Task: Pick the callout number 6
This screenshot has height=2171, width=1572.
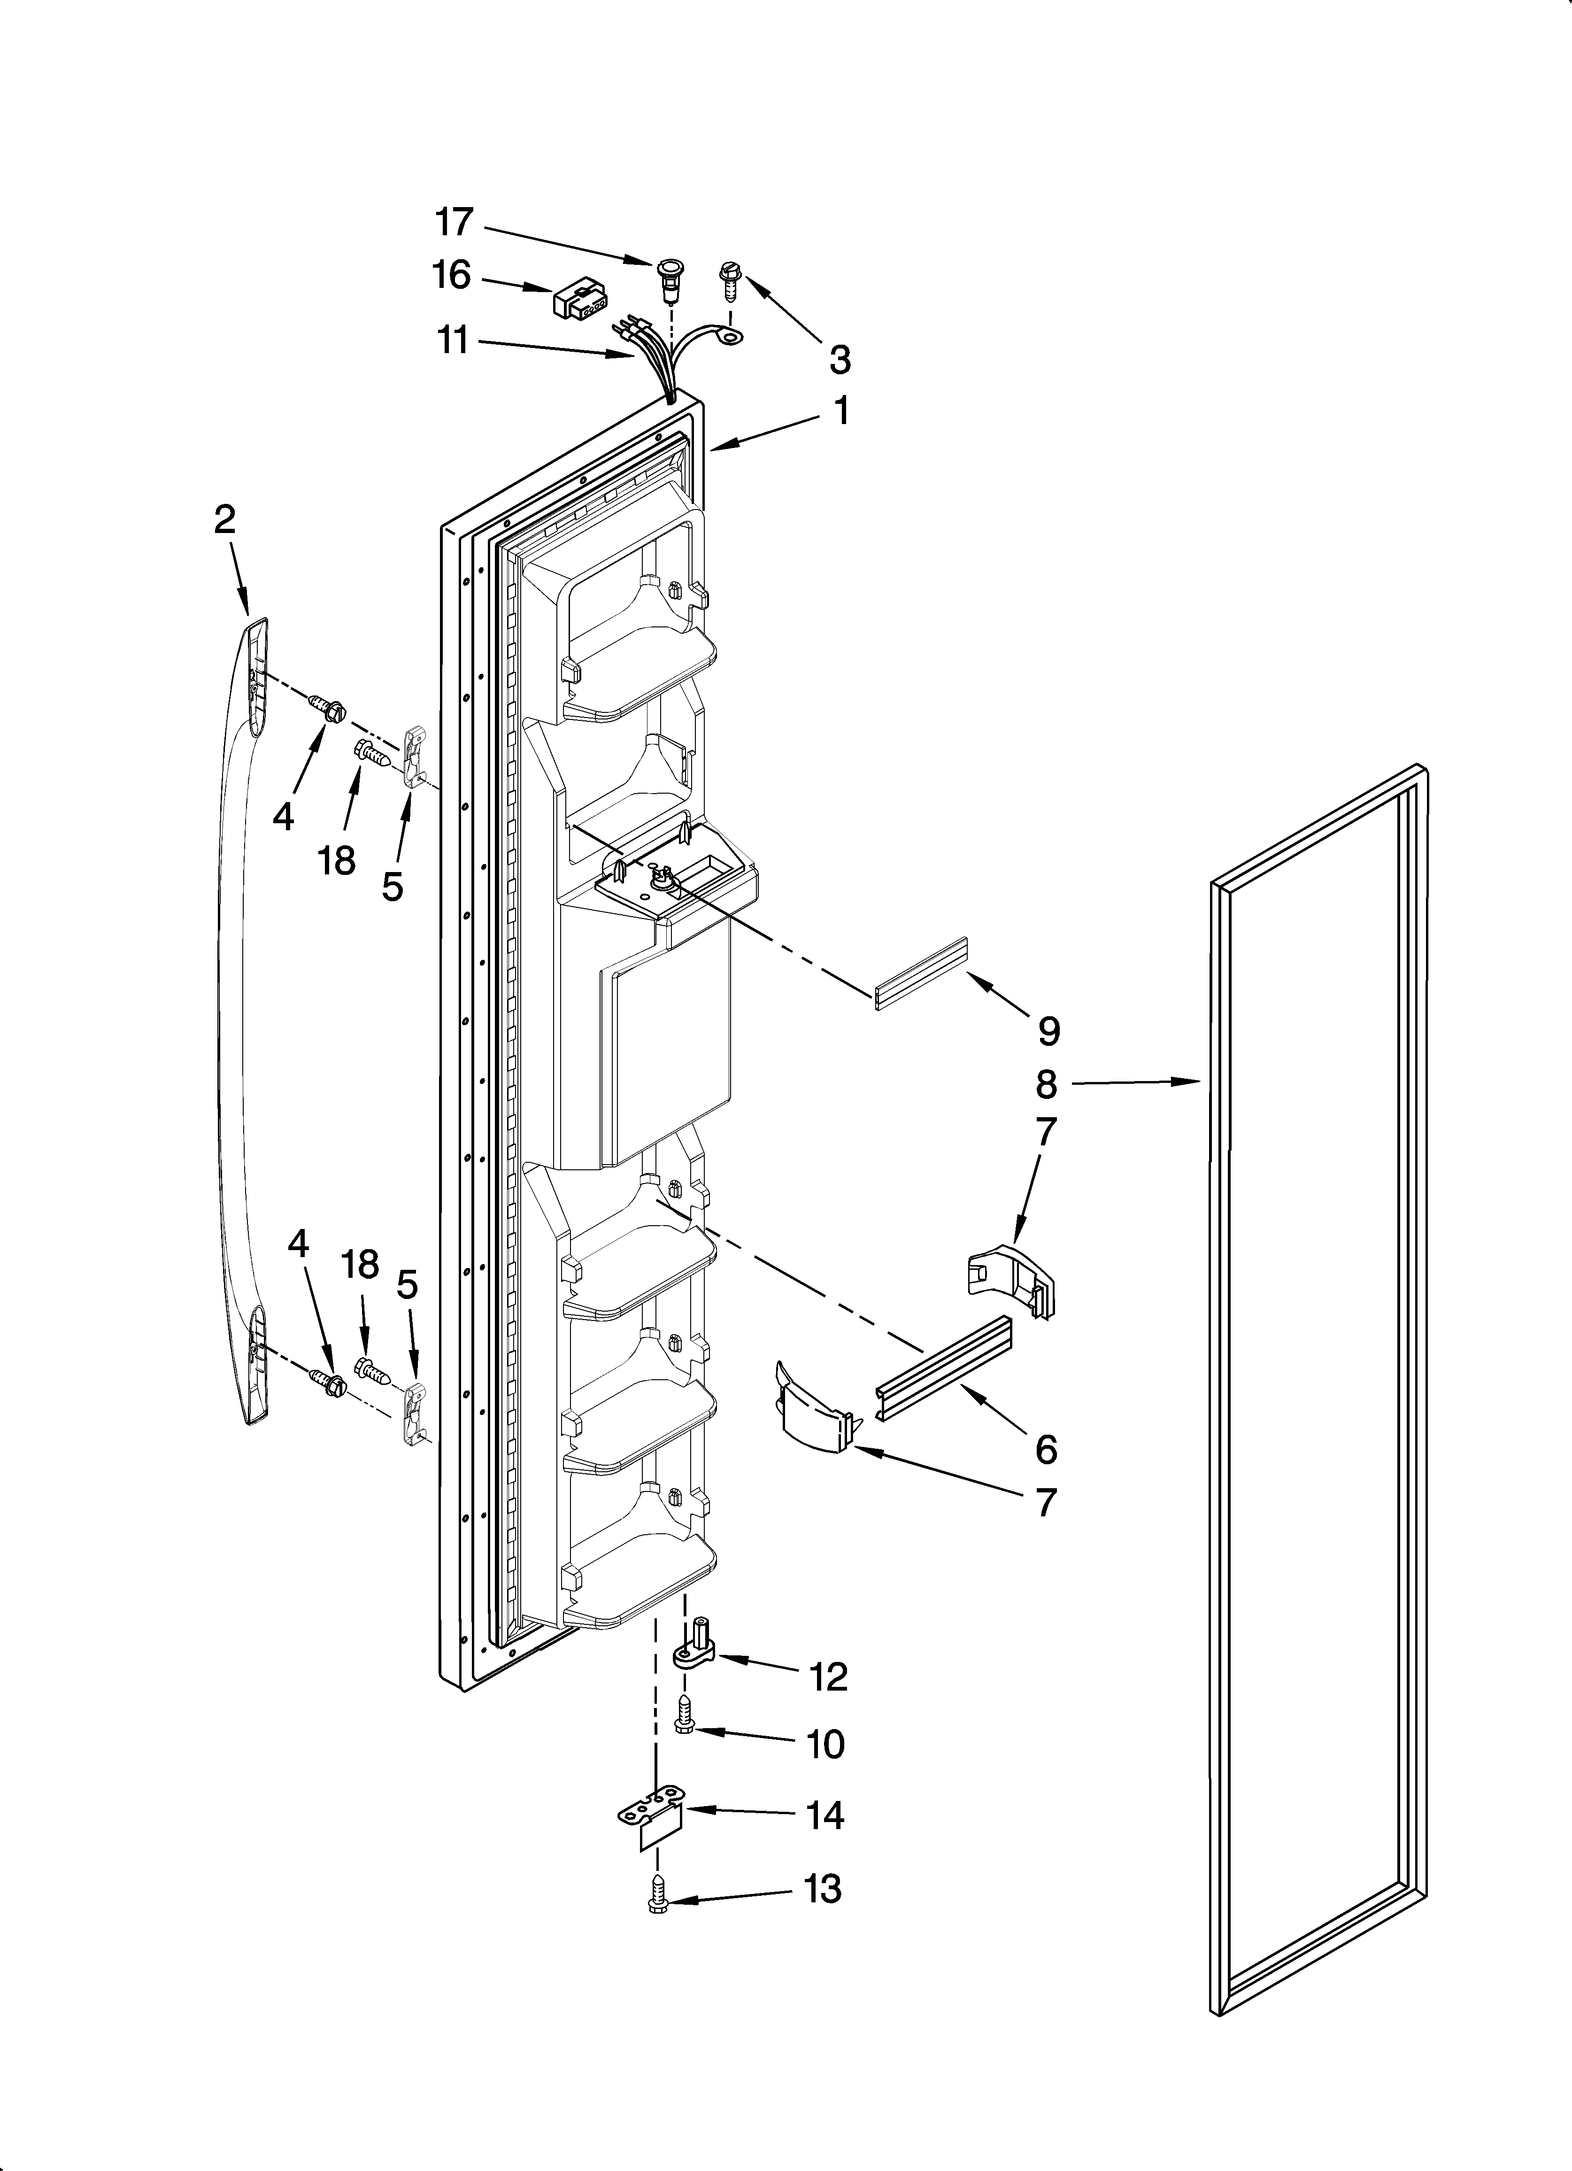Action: (1046, 1450)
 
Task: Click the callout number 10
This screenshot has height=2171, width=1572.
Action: (825, 1744)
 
